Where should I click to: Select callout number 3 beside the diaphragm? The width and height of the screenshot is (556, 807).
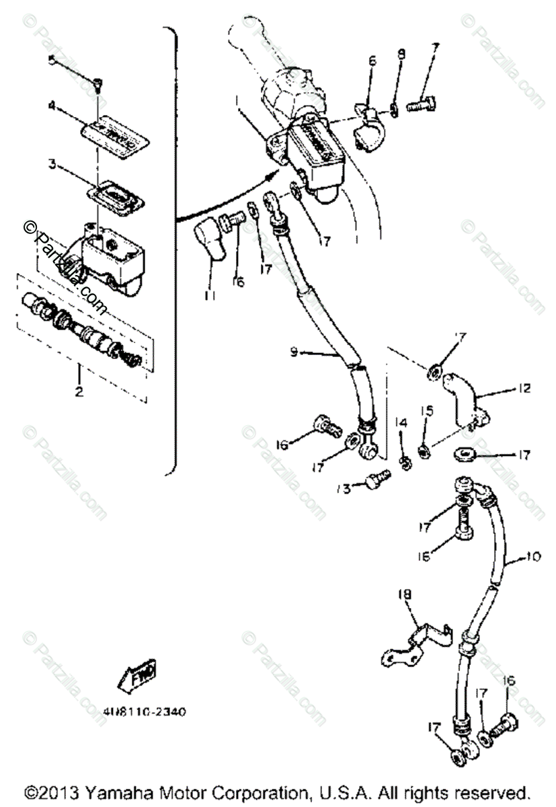51,163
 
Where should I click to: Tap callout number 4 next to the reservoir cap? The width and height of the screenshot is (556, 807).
51,105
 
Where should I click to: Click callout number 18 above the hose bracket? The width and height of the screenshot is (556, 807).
406,595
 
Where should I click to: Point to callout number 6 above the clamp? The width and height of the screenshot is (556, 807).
372,61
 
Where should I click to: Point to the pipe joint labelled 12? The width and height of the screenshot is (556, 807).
461,399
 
